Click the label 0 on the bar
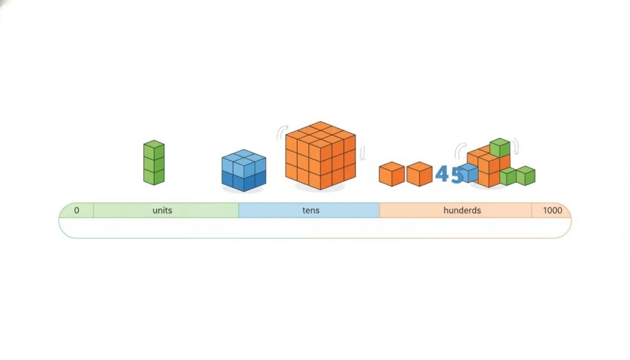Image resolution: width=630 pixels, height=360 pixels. click(x=76, y=210)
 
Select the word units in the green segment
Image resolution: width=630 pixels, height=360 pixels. click(x=162, y=210)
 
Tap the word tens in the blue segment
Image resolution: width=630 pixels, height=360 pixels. click(x=311, y=210)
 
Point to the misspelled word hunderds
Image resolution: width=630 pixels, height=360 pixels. click(x=462, y=210)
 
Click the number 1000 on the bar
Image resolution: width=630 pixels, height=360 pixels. click(x=552, y=210)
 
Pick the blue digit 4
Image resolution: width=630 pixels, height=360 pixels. click(x=442, y=174)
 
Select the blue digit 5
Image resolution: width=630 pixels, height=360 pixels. click(x=457, y=175)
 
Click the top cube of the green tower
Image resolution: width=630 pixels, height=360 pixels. click(x=154, y=150)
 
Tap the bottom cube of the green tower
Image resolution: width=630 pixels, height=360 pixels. click(x=154, y=177)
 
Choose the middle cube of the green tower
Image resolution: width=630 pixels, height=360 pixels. click(x=154, y=164)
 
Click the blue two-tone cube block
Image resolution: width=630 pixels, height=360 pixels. click(x=244, y=170)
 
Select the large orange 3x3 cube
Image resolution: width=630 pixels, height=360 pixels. click(x=321, y=155)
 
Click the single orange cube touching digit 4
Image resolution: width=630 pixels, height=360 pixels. click(x=420, y=174)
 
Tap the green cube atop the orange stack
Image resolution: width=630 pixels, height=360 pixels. click(x=500, y=148)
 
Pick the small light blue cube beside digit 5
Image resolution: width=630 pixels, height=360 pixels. click(x=469, y=172)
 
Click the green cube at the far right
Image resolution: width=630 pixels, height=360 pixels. click(x=525, y=175)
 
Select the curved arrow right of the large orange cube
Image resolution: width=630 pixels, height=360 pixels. click(x=362, y=153)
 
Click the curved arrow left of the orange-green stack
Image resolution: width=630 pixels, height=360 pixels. click(x=459, y=150)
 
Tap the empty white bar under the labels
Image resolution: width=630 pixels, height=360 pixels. click(x=314, y=228)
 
